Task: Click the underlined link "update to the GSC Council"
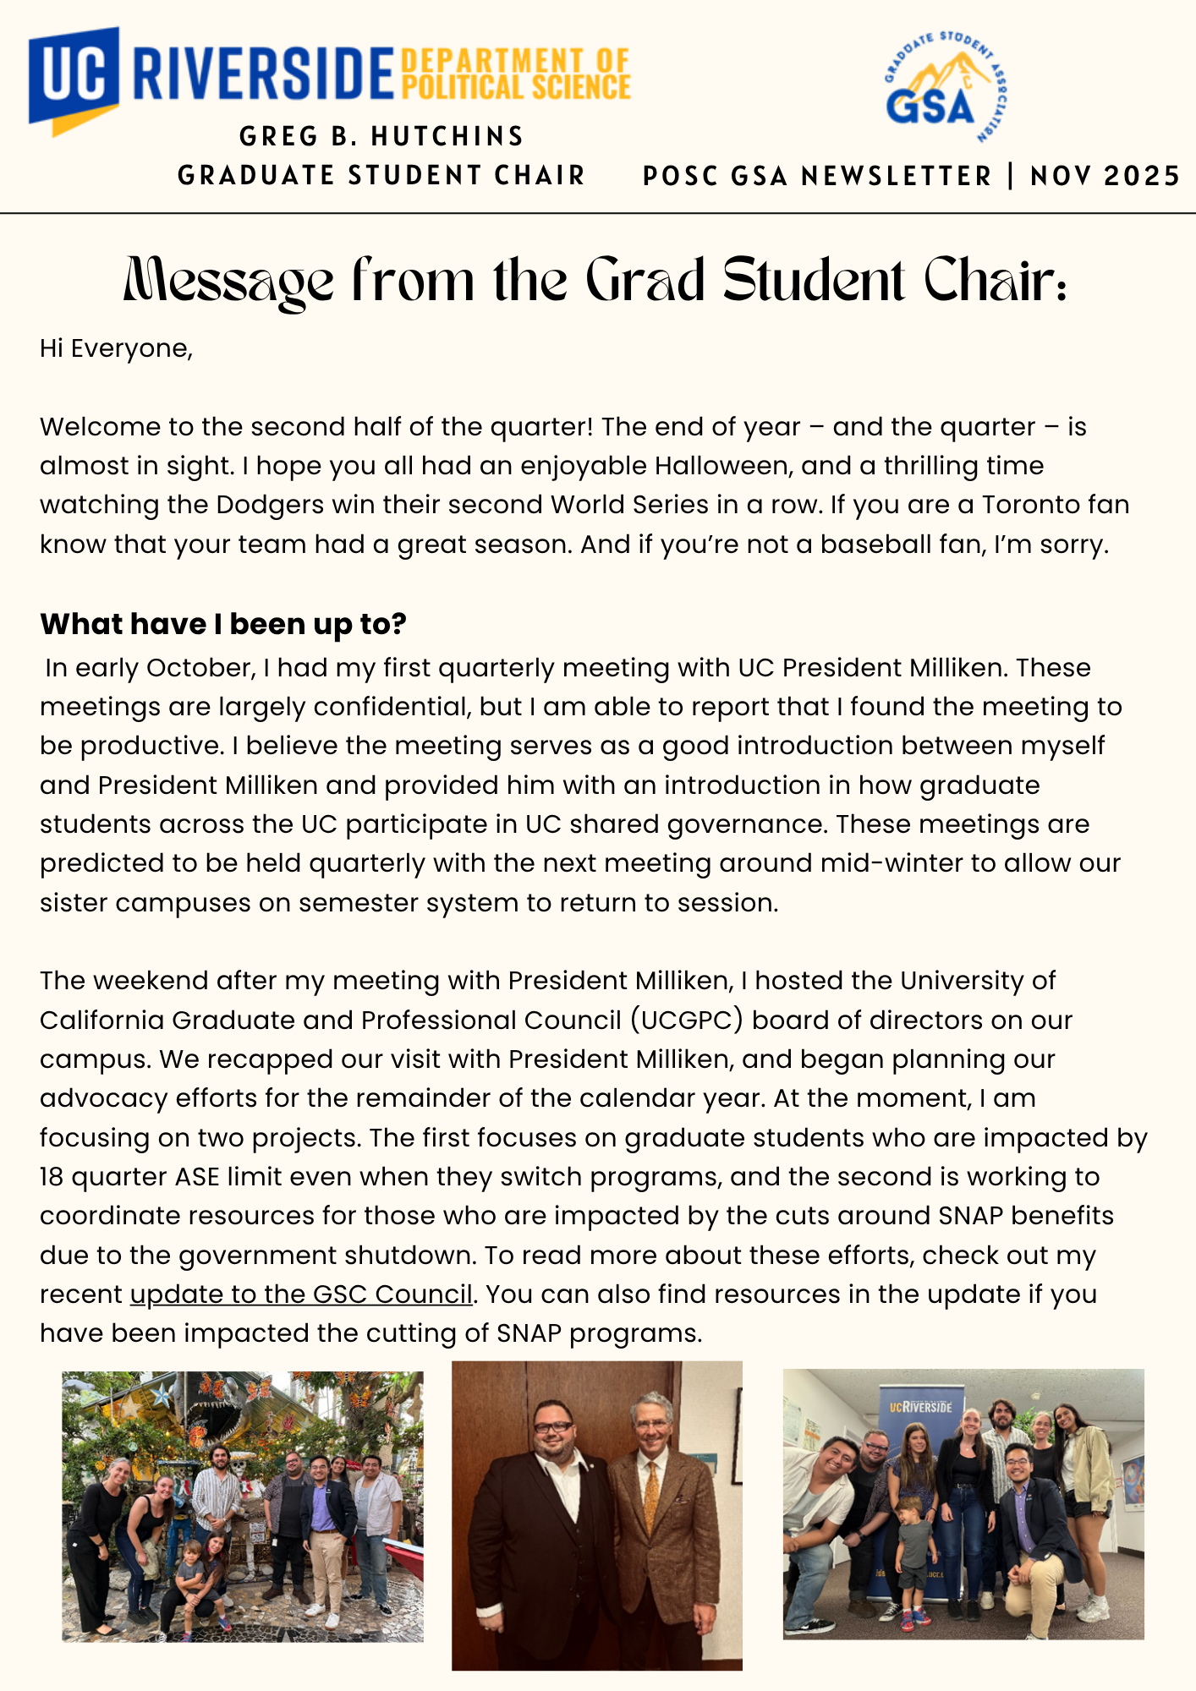301,1294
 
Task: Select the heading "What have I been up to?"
223,624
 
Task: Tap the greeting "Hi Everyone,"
117,348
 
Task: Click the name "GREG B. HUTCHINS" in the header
381,136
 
